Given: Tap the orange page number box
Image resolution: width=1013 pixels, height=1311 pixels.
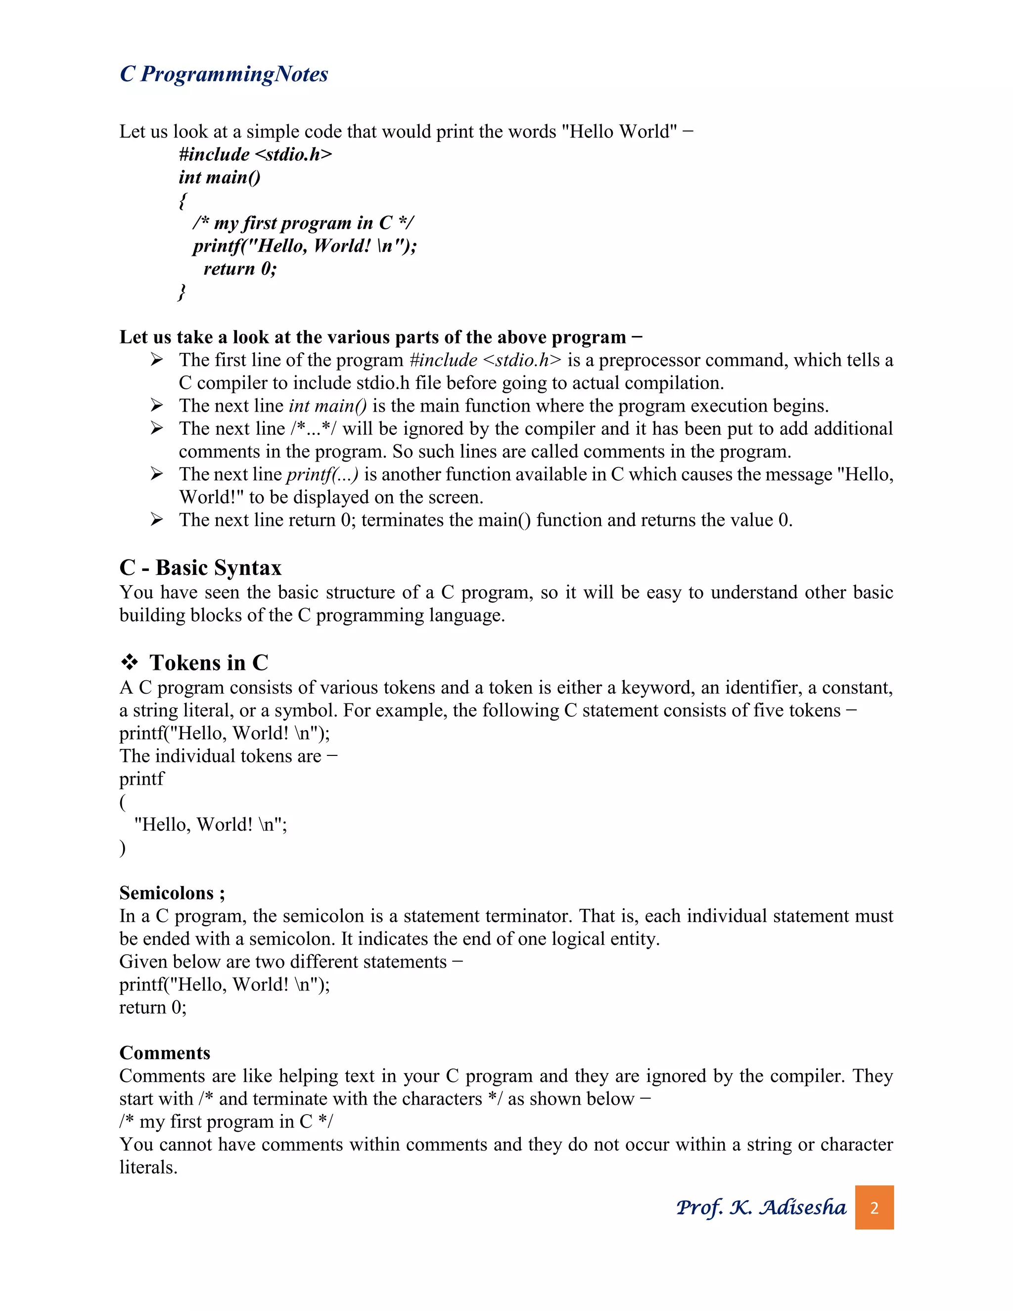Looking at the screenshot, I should click(x=874, y=1207).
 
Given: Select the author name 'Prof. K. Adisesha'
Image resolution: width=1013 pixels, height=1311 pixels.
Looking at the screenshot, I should click(x=760, y=1207).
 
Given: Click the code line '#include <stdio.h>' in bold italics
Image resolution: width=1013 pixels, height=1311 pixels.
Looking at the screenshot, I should click(x=255, y=154).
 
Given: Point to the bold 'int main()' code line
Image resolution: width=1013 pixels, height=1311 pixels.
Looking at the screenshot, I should click(x=219, y=177).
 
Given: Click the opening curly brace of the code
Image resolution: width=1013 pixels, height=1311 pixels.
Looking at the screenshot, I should click(x=183, y=200).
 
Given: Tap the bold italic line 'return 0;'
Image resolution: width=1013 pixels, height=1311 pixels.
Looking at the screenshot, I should click(x=240, y=268).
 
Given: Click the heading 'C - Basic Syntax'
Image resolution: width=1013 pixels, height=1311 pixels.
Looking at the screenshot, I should click(x=200, y=567).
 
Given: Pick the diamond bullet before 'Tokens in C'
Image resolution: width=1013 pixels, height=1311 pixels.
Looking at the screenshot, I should click(x=129, y=663).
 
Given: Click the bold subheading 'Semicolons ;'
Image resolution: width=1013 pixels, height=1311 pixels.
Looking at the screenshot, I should click(x=172, y=892).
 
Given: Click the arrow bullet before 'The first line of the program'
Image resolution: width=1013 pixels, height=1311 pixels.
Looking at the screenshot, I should click(x=157, y=360).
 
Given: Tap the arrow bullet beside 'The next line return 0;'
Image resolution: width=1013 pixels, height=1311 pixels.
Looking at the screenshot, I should click(x=157, y=519).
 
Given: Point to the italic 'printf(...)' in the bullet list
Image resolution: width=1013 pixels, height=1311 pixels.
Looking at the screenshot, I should click(x=322, y=474).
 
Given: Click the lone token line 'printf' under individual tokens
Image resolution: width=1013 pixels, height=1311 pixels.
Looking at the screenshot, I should click(x=141, y=779).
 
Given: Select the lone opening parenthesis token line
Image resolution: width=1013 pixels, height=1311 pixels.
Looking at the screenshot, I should click(x=123, y=801).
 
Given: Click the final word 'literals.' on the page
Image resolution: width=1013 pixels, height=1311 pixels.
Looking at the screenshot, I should click(x=148, y=1167).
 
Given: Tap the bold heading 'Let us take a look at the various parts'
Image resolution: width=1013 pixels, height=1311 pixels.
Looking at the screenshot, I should click(x=380, y=337).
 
